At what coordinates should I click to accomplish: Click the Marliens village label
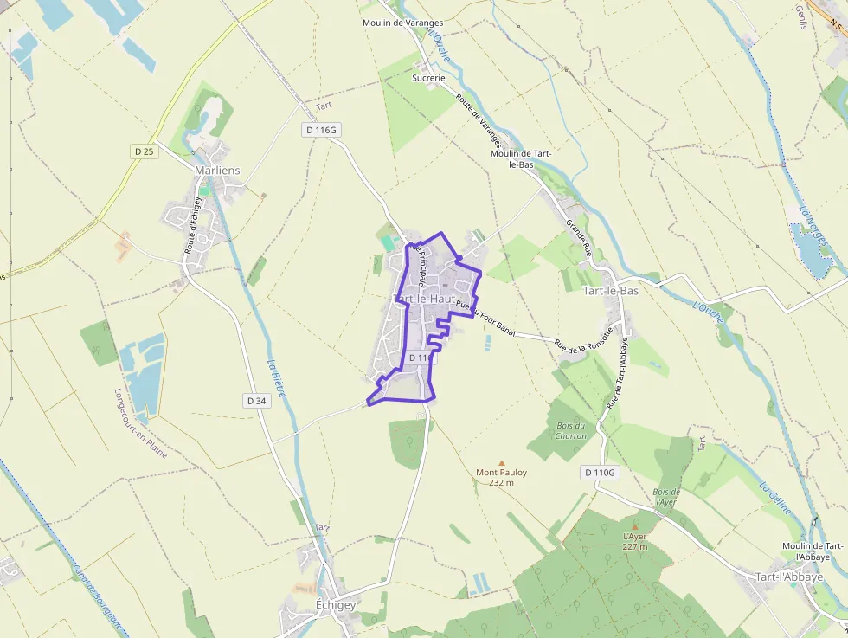pos(217,171)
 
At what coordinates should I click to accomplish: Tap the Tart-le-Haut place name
pos(425,299)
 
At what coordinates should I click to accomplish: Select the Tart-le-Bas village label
pos(611,291)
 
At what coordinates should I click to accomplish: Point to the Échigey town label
pos(335,605)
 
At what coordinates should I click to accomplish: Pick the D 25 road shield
pos(144,151)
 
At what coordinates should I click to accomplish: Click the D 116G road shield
pos(320,130)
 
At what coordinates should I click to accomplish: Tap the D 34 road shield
pos(255,401)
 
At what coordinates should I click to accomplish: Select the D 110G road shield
pos(599,473)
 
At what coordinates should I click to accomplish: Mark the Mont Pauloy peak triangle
pos(501,462)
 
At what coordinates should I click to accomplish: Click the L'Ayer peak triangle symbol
pos(635,525)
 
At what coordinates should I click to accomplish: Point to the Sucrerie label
pos(428,78)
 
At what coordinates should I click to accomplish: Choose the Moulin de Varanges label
pos(402,23)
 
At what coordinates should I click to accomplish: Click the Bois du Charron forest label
pos(572,430)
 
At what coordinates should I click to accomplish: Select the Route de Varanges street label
pos(478,120)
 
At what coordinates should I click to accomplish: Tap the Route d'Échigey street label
pos(192,225)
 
